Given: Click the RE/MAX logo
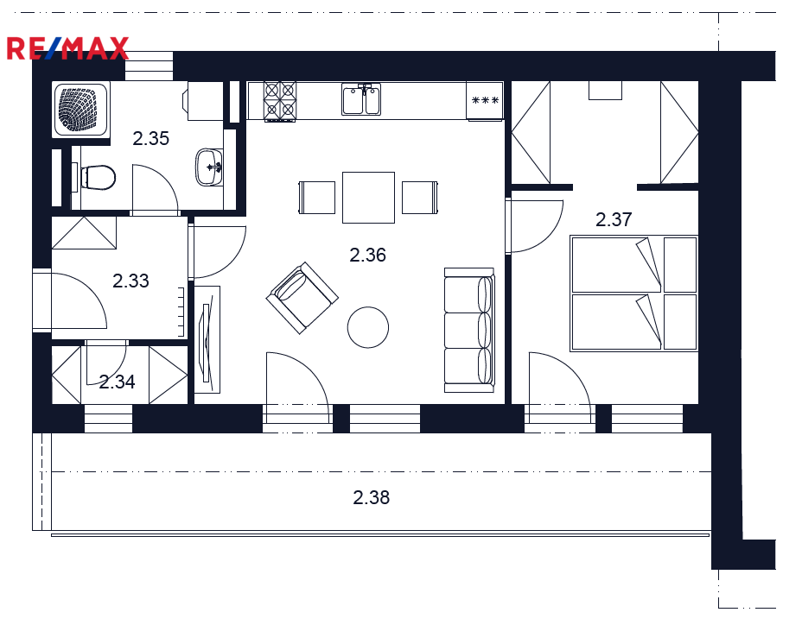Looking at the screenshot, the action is (x=67, y=48).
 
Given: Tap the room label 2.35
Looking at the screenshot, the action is (x=151, y=138).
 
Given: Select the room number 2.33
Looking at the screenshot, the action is (x=131, y=281).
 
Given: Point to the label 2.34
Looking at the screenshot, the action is (x=118, y=382).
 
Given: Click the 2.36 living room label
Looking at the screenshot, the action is (x=368, y=255).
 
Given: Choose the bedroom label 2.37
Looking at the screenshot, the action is (x=614, y=220).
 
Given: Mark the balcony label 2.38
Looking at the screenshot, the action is (x=372, y=497).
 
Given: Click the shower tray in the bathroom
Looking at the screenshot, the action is (x=80, y=110).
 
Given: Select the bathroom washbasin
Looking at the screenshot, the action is (x=209, y=167).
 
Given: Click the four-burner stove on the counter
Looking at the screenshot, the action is (x=280, y=101).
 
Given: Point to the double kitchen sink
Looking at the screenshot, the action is (x=361, y=99).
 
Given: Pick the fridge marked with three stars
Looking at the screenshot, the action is (x=485, y=101).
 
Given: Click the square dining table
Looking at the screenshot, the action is (x=368, y=198).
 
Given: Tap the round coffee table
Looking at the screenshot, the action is (x=368, y=327).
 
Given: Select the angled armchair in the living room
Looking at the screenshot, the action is (x=302, y=298).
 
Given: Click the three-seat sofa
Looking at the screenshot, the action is (x=469, y=330).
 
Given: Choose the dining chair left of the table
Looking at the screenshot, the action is (x=316, y=198).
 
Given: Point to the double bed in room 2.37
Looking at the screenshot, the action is (x=633, y=294).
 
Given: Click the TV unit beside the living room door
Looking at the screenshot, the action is (x=207, y=340).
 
